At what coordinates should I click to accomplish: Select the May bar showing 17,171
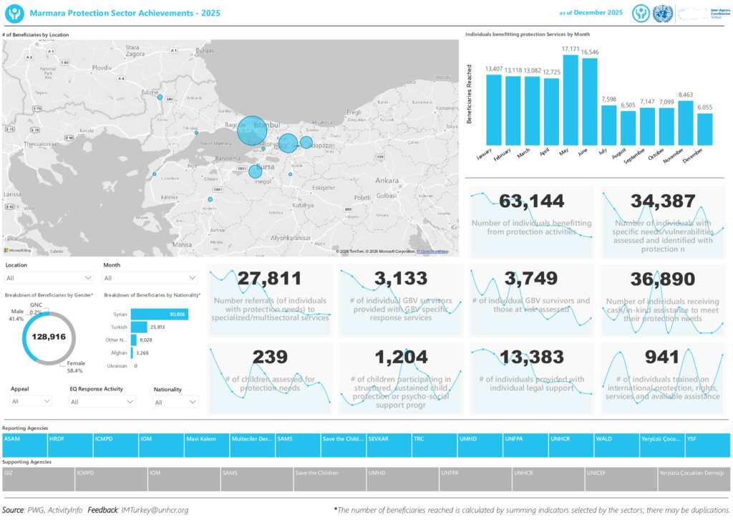[x=571, y=100]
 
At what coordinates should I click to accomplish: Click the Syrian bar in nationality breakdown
[x=159, y=315]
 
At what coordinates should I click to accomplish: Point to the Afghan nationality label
[x=120, y=352]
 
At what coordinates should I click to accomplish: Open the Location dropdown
[x=49, y=278]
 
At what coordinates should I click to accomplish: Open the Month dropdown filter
[x=150, y=278]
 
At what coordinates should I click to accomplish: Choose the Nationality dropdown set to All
[x=175, y=403]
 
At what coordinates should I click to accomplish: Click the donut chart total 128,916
[x=49, y=336]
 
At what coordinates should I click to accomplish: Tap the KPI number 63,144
[x=531, y=201]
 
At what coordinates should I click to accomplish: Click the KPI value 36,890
[x=662, y=279]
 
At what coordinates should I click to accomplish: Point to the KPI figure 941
[x=662, y=357]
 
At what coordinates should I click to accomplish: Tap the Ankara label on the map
[x=387, y=180]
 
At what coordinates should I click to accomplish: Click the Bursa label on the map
[x=266, y=166]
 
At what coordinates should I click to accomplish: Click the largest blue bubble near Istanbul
[x=252, y=130]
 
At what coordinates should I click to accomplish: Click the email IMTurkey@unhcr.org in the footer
[x=155, y=510]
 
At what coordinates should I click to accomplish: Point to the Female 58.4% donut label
[x=75, y=367]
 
